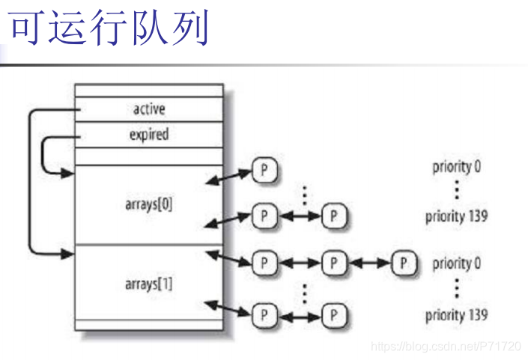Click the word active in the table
pos(148,109)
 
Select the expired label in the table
pos(148,135)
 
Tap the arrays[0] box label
pos(148,203)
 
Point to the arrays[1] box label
pos(148,284)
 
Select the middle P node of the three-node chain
pos(333,263)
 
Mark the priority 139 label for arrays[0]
pos(456,217)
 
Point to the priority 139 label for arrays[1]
pos(456,315)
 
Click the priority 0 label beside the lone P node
pos(456,167)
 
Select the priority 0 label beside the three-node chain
pos(456,263)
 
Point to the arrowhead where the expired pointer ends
pos(69,174)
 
